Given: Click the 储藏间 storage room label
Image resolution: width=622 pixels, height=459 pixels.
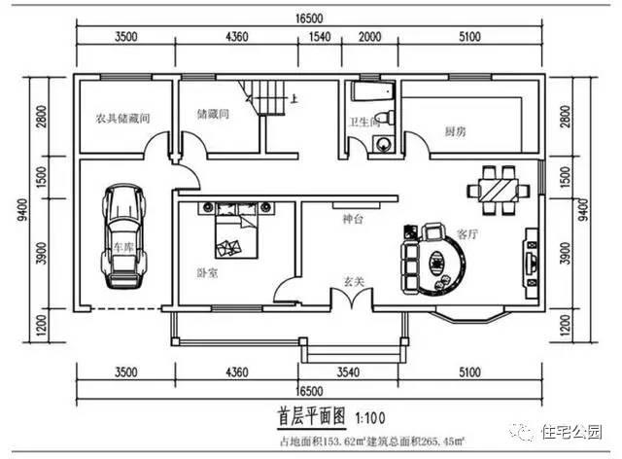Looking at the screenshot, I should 212,114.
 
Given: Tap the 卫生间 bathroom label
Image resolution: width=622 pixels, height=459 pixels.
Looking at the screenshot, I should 364,123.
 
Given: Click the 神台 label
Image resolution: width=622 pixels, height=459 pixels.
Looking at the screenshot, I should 352,221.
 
